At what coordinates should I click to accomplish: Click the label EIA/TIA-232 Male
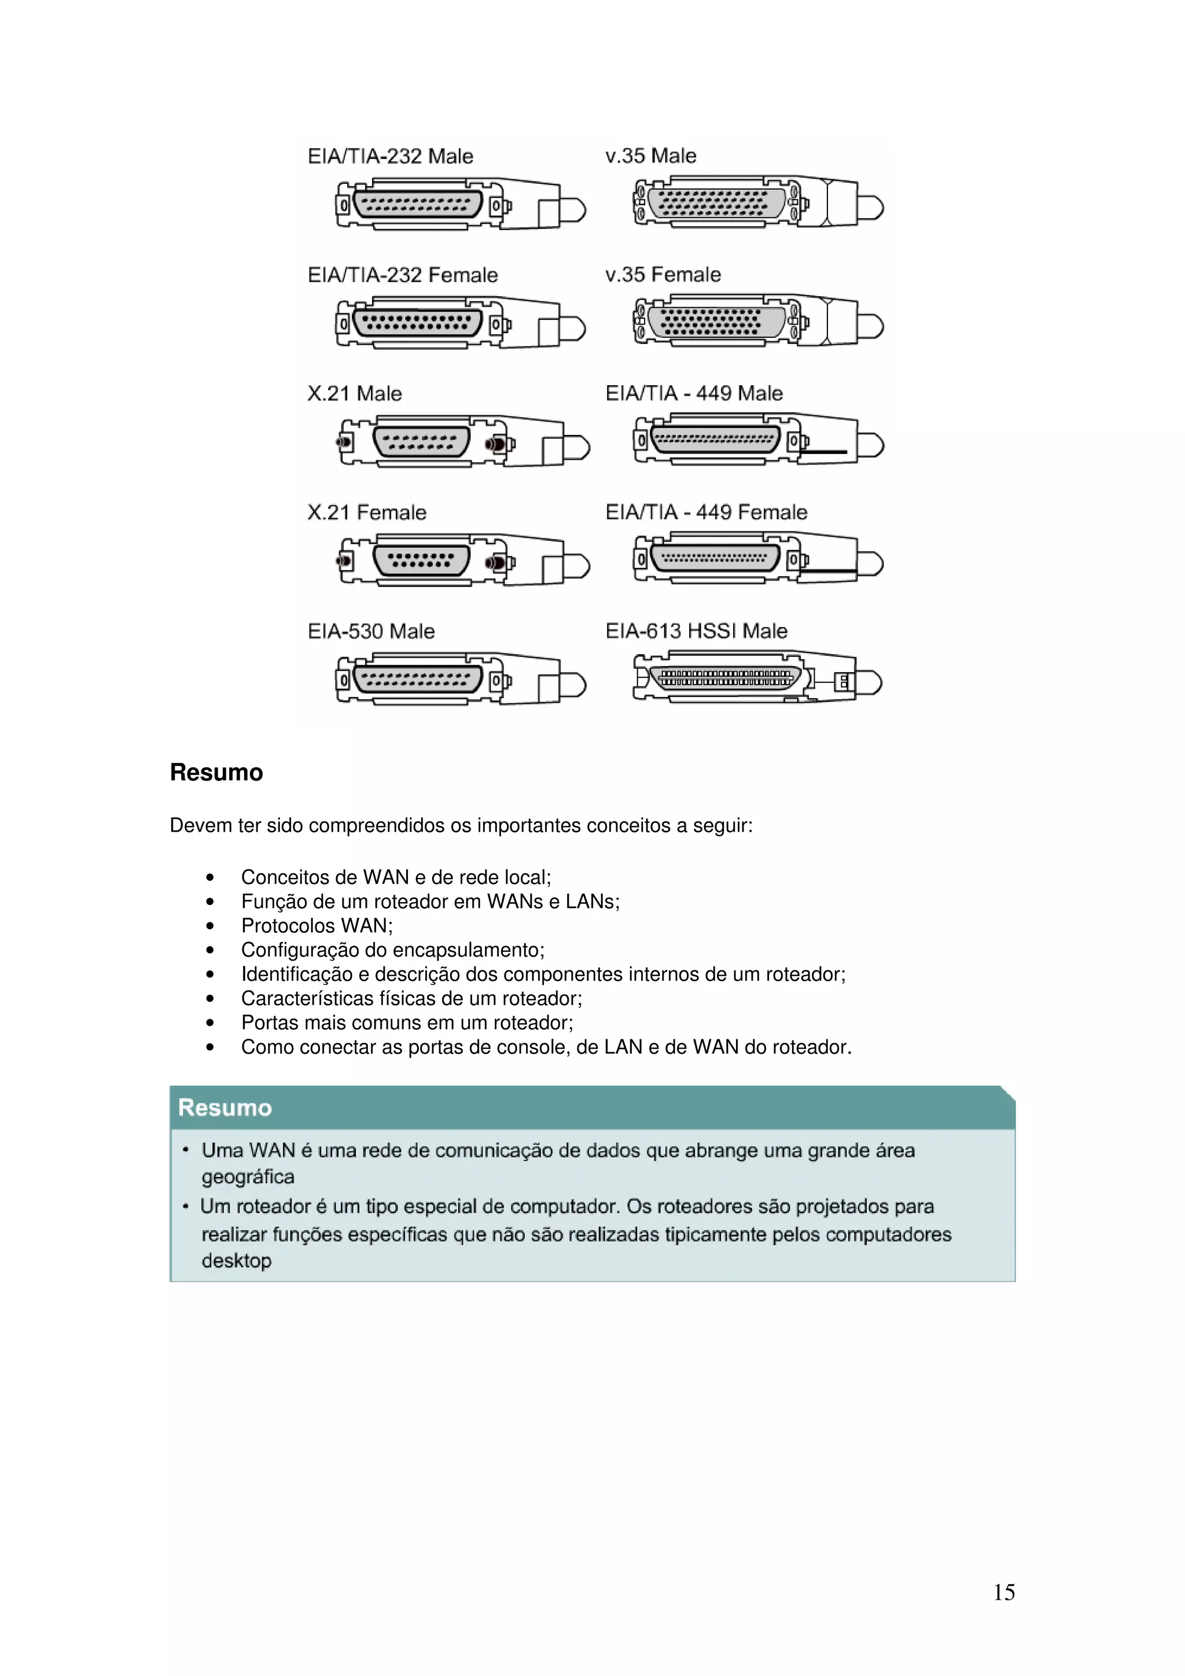click(x=390, y=156)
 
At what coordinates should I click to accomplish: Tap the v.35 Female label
click(x=663, y=275)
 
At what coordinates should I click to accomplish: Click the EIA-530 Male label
click(x=371, y=631)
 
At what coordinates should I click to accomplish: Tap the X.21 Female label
click(x=366, y=512)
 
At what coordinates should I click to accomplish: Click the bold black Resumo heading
click(x=216, y=772)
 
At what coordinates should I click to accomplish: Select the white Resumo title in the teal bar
click(x=225, y=1108)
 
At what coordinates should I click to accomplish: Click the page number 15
click(x=1003, y=1592)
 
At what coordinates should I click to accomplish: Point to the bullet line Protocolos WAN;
click(x=317, y=925)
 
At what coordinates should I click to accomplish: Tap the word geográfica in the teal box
click(x=248, y=1177)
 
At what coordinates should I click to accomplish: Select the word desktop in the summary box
click(x=236, y=1261)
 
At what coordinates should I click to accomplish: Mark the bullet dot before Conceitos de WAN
click(x=210, y=877)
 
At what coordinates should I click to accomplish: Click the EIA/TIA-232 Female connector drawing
click(x=460, y=323)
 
